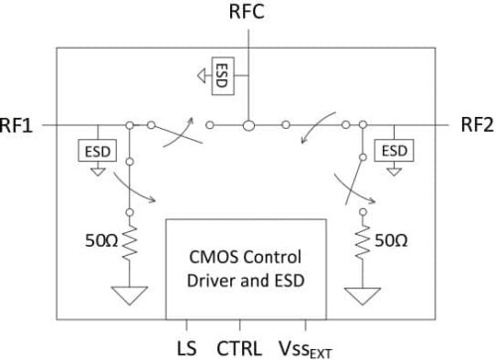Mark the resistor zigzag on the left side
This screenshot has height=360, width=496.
coord(130,242)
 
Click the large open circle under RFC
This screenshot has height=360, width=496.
coord(250,125)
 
